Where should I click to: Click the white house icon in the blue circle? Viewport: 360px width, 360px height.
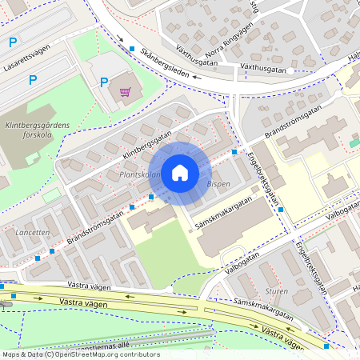pos(180,172)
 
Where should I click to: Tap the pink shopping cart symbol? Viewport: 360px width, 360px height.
pos(125,91)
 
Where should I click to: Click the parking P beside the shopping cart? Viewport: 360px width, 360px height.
pos(104,81)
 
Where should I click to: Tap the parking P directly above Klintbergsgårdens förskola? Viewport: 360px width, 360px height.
pos(33,79)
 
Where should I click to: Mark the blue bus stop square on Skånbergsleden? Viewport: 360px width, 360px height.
pos(132,49)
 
